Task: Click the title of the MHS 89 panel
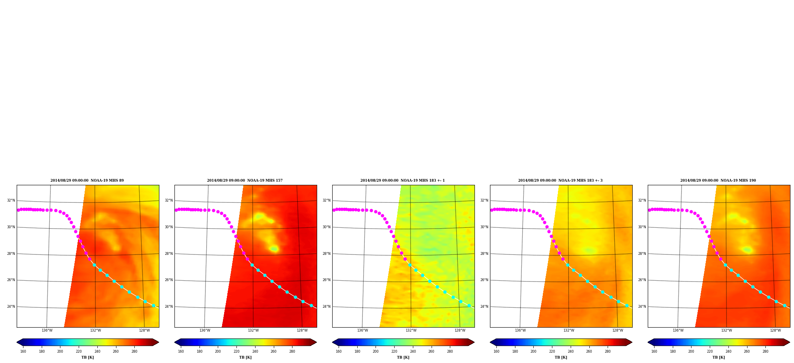tap(87, 181)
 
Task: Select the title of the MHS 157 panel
tap(245, 181)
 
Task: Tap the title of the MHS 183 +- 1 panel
tap(403, 181)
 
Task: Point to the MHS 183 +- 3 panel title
tap(560, 181)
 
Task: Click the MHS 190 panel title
tap(718, 181)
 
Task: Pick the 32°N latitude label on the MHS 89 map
tap(11, 200)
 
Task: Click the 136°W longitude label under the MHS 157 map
tap(205, 330)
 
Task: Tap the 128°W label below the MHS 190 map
tap(775, 330)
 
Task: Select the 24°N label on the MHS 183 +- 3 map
tap(484, 307)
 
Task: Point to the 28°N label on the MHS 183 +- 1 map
tap(326, 254)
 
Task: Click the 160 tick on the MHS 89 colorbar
tap(23, 351)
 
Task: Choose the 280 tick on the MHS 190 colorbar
tap(765, 351)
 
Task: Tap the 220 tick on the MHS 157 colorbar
tap(236, 351)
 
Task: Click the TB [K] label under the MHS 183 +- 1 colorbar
tap(403, 357)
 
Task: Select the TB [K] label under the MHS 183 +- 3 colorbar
tap(561, 357)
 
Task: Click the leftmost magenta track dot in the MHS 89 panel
tap(18, 210)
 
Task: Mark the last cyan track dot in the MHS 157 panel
tap(311, 306)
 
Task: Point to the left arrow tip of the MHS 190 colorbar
tap(648, 342)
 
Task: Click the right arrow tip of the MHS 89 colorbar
tap(159, 342)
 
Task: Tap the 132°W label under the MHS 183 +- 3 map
tap(569, 330)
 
